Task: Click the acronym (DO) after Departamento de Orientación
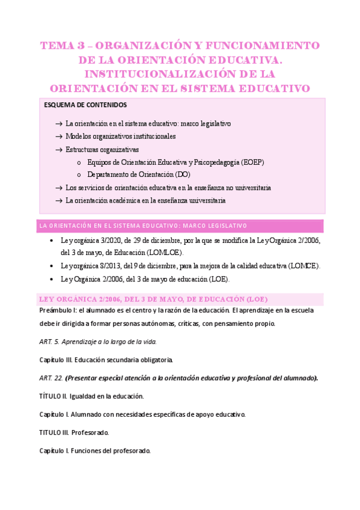click(183, 174)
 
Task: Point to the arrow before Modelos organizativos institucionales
click(58, 137)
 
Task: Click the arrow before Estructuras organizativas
click(58, 149)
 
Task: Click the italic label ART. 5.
click(48, 342)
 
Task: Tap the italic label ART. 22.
click(50, 378)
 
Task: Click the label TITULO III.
click(53, 432)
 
